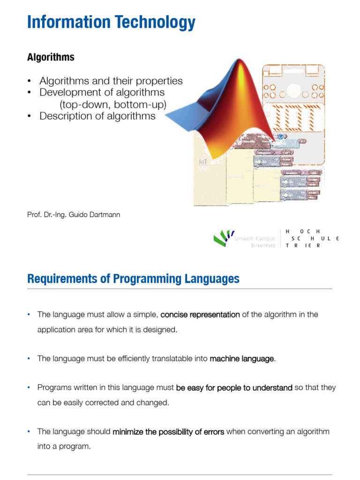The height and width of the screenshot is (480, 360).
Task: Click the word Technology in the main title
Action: click(x=155, y=22)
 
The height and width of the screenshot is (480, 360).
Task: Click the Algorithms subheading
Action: click(x=51, y=57)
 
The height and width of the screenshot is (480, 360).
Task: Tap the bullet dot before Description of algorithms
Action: click(x=29, y=116)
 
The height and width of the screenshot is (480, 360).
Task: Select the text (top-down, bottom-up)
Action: click(x=113, y=105)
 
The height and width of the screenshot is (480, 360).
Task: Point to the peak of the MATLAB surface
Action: click(x=240, y=60)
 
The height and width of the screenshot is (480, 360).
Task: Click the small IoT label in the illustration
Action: click(x=203, y=161)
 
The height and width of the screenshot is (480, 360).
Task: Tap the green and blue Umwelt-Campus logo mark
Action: click(x=224, y=238)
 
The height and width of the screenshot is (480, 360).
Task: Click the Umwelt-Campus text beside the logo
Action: click(x=255, y=239)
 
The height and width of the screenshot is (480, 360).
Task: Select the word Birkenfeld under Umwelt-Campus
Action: click(x=263, y=246)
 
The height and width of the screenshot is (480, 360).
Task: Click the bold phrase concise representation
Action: click(x=200, y=315)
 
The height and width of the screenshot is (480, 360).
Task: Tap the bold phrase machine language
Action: click(x=242, y=359)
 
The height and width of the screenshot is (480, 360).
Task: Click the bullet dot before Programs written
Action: click(x=29, y=388)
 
